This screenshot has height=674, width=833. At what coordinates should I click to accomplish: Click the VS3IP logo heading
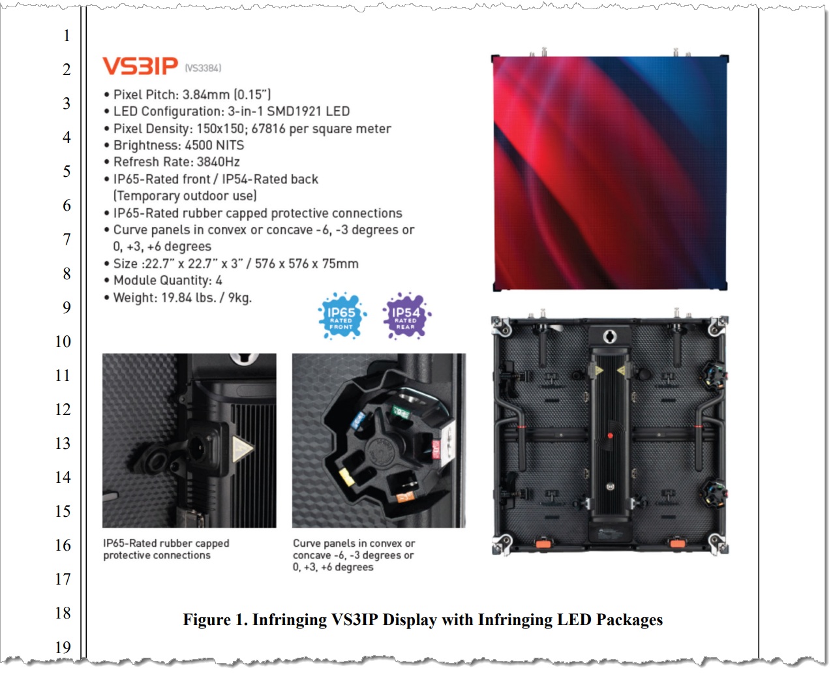140,66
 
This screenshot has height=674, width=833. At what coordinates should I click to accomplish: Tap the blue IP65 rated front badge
341,316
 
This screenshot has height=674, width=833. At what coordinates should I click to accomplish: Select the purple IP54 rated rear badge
406,316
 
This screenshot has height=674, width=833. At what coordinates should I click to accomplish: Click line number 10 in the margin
63,341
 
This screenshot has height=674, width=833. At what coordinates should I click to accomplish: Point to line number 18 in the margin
63,613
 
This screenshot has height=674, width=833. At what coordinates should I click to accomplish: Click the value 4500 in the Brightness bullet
198,146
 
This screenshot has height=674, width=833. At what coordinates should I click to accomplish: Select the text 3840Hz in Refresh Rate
219,162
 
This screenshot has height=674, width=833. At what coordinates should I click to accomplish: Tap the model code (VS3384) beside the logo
203,68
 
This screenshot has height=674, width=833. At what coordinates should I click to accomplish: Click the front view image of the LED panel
609,173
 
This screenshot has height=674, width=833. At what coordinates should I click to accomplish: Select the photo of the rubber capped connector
189,440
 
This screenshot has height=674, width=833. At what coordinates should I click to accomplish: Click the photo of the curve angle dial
379,440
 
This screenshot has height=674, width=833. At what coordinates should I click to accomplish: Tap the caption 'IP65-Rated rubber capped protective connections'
166,549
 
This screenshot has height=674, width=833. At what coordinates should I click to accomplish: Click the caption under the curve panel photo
354,555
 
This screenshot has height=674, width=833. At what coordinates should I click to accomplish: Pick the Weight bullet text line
182,298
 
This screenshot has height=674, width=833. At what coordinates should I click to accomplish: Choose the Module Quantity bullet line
168,281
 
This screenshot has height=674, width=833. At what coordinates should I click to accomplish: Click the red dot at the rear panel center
611,435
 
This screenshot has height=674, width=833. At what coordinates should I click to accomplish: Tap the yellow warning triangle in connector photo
242,449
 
